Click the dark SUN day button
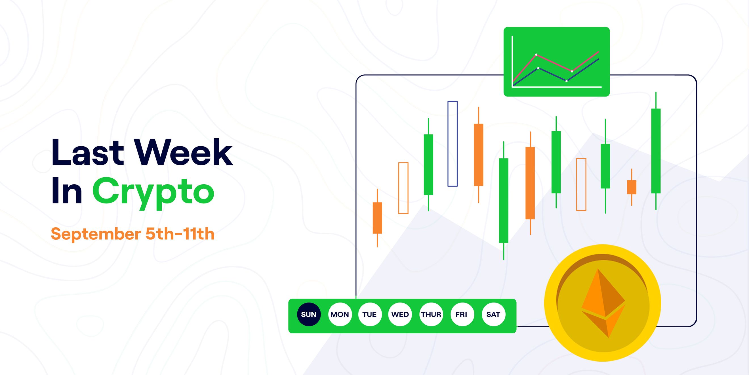pos(309,314)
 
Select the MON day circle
pos(340,314)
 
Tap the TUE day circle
pos(370,314)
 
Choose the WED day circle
pos(400,314)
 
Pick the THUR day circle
pos(431,314)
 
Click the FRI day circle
pos(462,314)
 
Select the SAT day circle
pos(493,314)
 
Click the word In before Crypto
pos(67,191)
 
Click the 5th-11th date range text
pos(180,234)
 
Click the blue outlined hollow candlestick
pos(453,144)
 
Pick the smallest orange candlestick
pos(632,187)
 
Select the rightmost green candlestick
pos(656,151)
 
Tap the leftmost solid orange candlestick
pos(377,218)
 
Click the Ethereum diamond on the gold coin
pos(603,303)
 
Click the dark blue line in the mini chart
pos(552,74)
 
